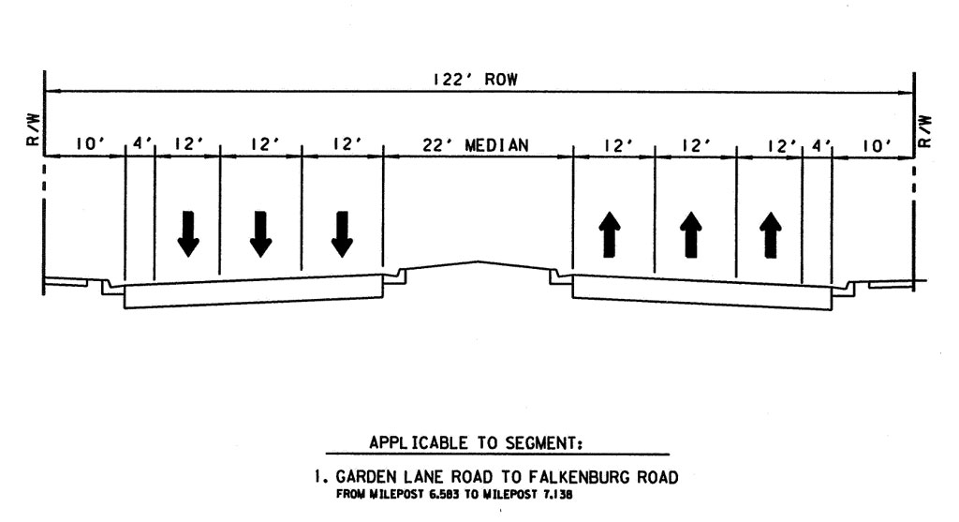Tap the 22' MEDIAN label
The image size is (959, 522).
(x=476, y=145)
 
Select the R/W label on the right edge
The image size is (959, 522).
(x=925, y=131)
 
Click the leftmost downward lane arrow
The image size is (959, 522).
(x=187, y=233)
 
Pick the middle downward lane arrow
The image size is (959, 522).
(x=260, y=233)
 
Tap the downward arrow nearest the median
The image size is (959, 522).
(x=342, y=233)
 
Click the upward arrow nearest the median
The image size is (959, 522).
(x=610, y=233)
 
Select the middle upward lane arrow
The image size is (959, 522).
(x=691, y=233)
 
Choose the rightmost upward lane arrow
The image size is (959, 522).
(x=770, y=233)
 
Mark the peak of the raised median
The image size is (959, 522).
(x=479, y=261)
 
